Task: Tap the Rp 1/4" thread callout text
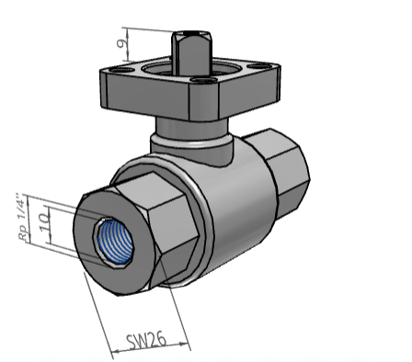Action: [22, 218]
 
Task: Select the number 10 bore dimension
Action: [42, 222]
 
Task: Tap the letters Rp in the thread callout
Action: [22, 234]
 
